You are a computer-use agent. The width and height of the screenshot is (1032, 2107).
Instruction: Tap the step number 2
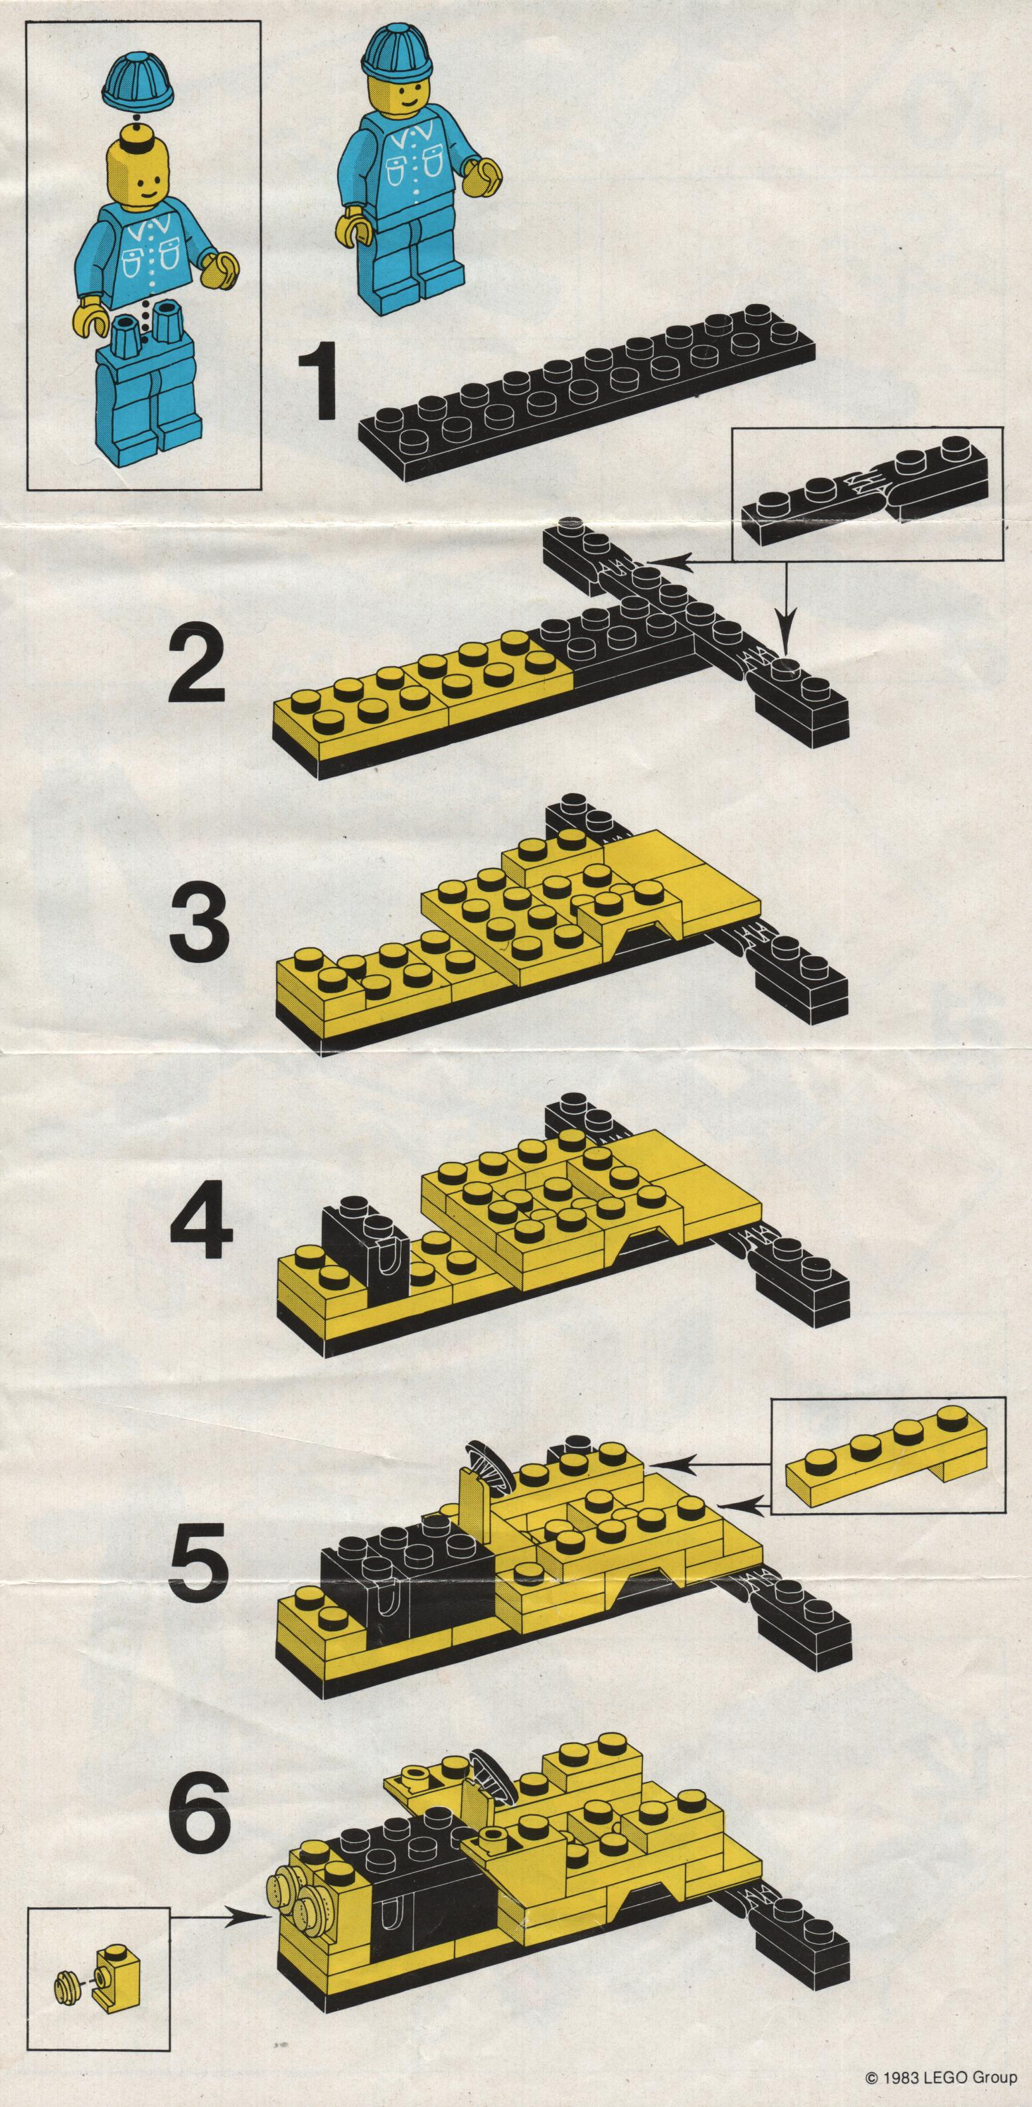coord(197,670)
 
